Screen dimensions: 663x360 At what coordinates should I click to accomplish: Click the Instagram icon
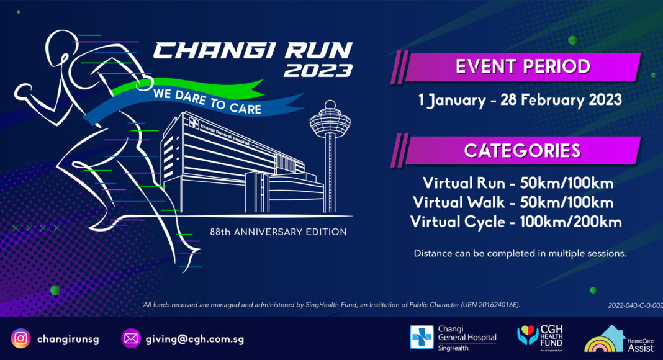click(20, 338)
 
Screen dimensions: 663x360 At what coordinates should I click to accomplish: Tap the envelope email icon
click(130, 338)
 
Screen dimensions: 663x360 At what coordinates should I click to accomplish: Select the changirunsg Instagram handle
click(68, 339)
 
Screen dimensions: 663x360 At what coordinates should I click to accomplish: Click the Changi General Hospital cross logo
click(422, 337)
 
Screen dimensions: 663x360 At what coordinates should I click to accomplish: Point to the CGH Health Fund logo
click(540, 338)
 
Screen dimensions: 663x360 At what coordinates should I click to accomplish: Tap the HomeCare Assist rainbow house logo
click(619, 339)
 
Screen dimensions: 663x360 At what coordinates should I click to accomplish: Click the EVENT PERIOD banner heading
click(523, 66)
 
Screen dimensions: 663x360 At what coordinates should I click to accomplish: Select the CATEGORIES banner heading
click(522, 151)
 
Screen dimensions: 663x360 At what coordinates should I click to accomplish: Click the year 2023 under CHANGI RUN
click(318, 71)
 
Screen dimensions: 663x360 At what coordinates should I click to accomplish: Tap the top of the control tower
click(330, 104)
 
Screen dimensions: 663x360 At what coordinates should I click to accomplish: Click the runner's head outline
click(63, 47)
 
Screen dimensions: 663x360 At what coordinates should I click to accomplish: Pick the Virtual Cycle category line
click(516, 222)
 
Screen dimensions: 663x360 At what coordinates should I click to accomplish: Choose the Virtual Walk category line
click(513, 202)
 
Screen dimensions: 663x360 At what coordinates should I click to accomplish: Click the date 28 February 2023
click(561, 100)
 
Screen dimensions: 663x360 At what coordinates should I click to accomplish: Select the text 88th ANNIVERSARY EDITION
click(278, 232)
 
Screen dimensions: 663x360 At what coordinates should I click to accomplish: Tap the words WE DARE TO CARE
click(207, 101)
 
